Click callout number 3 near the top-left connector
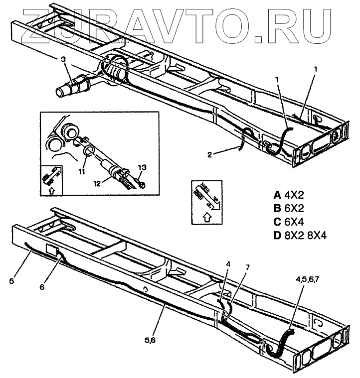coord(63,60)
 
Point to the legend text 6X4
coord(295,222)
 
